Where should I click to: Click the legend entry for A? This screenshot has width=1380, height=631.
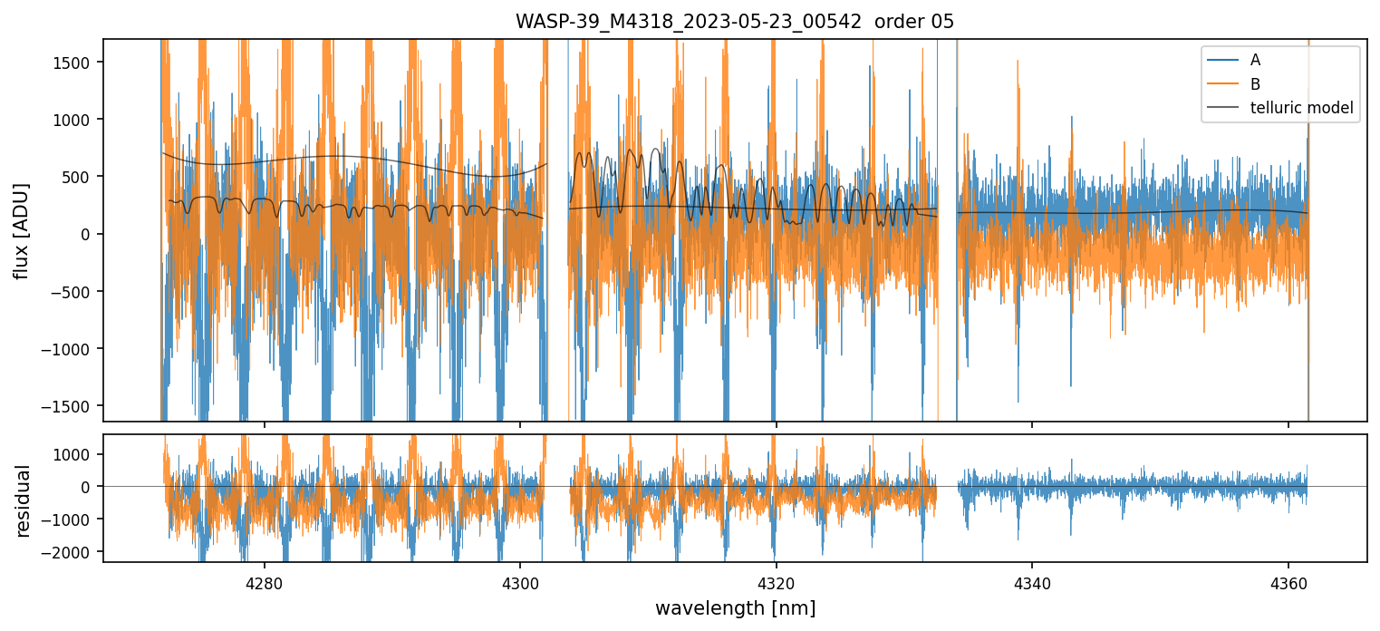point(1255,60)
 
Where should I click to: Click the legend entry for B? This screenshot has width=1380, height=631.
point(1255,84)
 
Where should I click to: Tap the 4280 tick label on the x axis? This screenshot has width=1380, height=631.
point(265,582)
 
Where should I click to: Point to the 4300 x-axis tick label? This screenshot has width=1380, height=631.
point(520,582)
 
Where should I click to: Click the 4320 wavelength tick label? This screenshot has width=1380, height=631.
point(777,582)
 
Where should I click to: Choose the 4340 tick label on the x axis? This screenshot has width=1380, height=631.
point(1032,582)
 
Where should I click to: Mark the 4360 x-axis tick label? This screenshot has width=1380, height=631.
point(1288,582)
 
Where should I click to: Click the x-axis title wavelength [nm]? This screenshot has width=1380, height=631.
point(735,607)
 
